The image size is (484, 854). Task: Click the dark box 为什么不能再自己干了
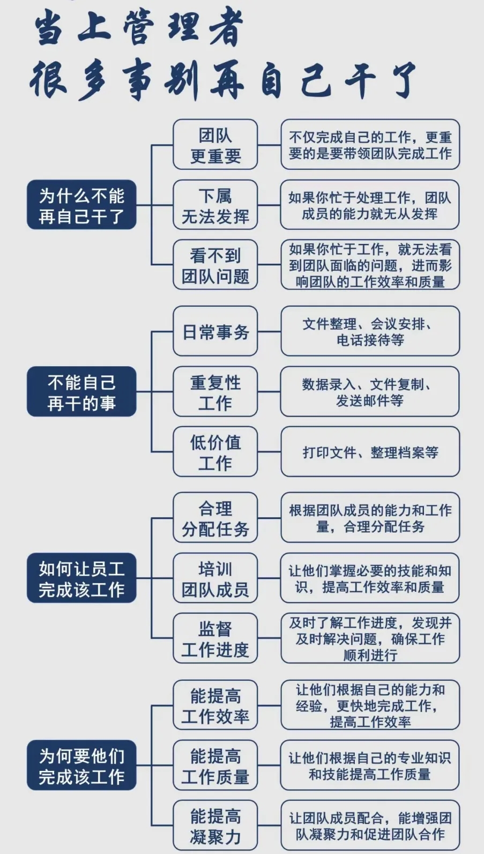click(x=81, y=205)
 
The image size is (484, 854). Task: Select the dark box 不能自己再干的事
click(x=81, y=391)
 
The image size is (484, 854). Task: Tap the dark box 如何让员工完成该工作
click(x=81, y=578)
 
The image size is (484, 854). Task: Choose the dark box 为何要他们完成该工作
click(x=81, y=765)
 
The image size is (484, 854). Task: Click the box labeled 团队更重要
click(x=215, y=145)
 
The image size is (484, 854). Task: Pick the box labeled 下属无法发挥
click(x=215, y=205)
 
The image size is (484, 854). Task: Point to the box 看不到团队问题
click(x=215, y=265)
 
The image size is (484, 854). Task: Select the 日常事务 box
click(x=215, y=331)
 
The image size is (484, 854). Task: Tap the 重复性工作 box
click(x=215, y=391)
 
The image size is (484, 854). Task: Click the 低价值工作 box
click(x=215, y=452)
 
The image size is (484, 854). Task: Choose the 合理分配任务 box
click(x=215, y=518)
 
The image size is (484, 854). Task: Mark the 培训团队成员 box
click(x=215, y=578)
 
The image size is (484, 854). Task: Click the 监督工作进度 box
click(x=215, y=638)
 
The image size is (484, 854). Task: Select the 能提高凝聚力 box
click(x=215, y=826)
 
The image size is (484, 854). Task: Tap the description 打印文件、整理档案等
click(x=370, y=452)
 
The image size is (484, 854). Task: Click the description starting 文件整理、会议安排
click(x=370, y=331)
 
